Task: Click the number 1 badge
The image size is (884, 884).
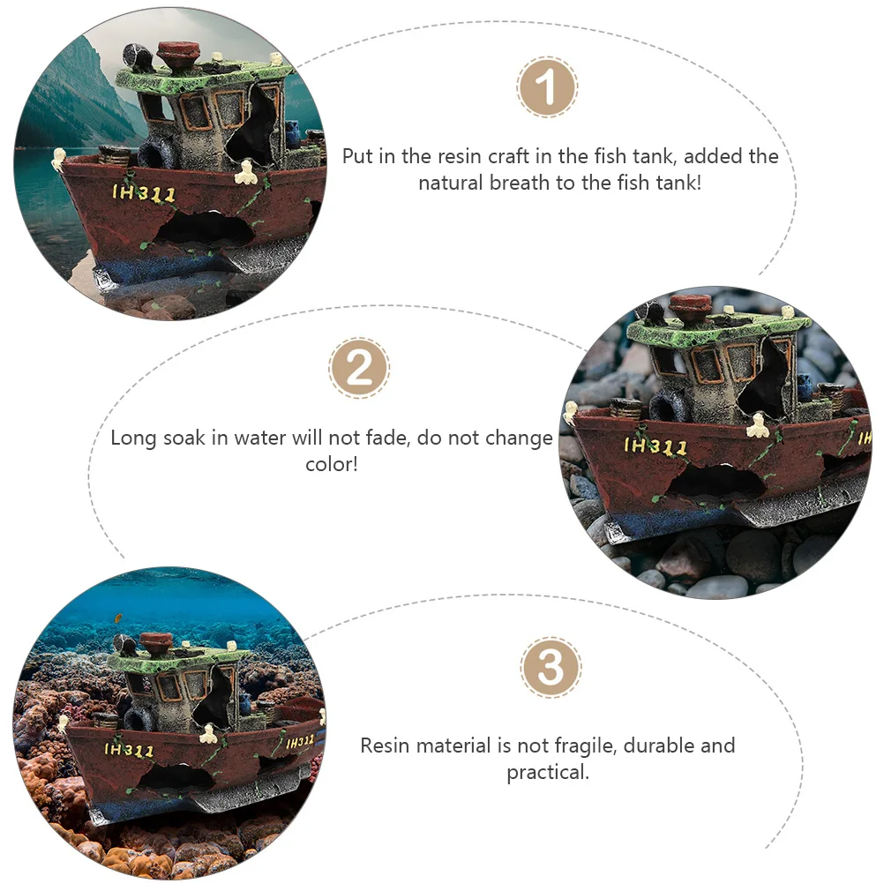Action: [x=547, y=87]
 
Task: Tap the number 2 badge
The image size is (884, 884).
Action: [x=359, y=368]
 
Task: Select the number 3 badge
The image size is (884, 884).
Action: [x=551, y=668]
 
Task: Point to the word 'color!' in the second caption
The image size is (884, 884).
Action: [x=332, y=463]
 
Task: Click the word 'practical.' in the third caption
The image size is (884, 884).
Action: [x=547, y=773]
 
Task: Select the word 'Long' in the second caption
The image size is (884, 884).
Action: [x=133, y=438]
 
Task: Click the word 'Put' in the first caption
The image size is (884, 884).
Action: [x=358, y=157]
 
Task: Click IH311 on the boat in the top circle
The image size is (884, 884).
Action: [x=144, y=193]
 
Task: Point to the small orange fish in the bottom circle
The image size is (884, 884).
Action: [x=117, y=618]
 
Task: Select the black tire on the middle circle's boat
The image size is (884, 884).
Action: [x=667, y=408]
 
